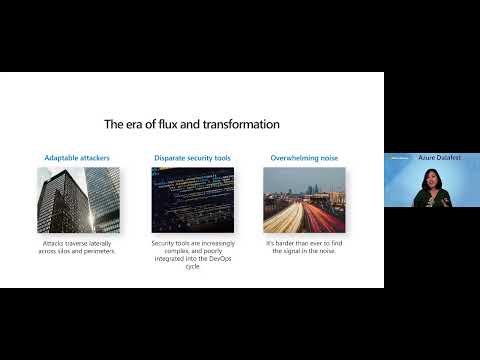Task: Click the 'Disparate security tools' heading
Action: coord(192,158)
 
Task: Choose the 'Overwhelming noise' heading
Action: coord(304,158)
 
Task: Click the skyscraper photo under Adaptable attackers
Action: coord(79,199)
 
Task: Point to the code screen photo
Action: coord(192,199)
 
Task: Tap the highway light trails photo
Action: coord(304,199)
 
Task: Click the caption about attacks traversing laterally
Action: coord(79,246)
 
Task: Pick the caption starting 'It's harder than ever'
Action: coord(304,246)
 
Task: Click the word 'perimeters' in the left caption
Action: coord(96,250)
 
